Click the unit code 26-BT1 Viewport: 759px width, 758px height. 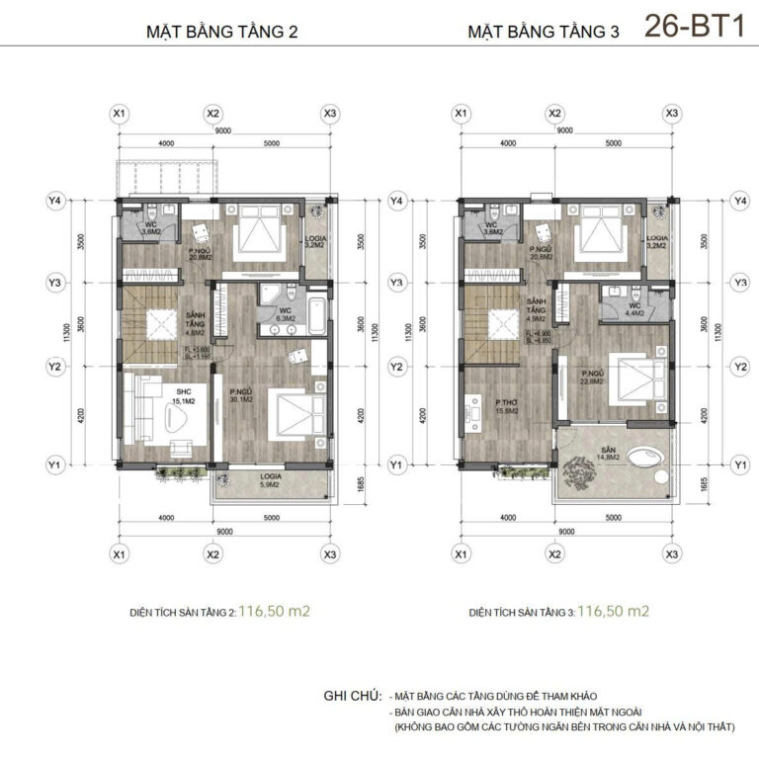point(694,27)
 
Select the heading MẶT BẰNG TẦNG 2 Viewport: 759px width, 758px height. point(221,32)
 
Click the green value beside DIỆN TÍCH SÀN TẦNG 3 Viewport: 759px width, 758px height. point(614,611)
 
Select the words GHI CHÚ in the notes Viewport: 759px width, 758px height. point(351,697)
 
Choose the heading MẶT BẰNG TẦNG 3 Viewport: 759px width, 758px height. point(543,32)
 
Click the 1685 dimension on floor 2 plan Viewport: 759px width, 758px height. point(359,483)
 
